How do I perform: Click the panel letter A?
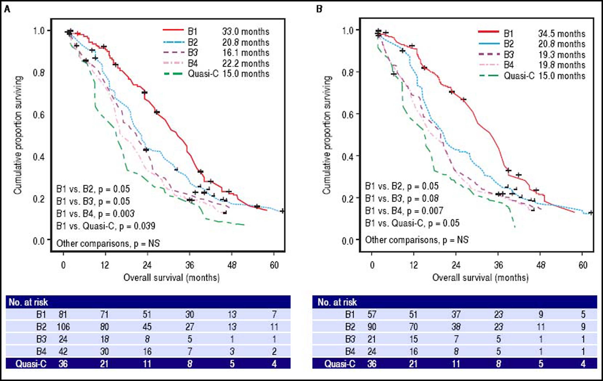[x=7, y=10]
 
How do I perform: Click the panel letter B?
[x=319, y=10]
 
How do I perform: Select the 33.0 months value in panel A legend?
[x=245, y=32]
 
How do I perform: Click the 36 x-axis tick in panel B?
[x=498, y=265]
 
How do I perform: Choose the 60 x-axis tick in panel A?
[x=274, y=265]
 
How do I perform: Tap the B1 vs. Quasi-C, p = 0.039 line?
[x=106, y=226]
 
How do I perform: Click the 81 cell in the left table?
[x=63, y=314]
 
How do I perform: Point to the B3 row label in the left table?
[x=41, y=339]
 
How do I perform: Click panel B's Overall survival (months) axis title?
[x=480, y=278]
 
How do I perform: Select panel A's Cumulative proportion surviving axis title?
[x=18, y=135]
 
